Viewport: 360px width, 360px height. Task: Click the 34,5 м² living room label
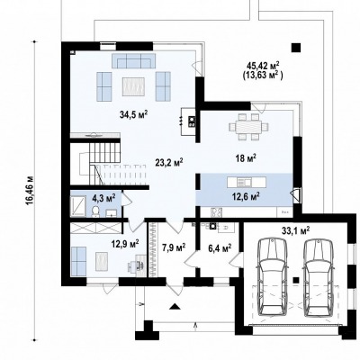tap(134, 115)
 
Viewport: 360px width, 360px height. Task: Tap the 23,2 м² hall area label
tap(169, 163)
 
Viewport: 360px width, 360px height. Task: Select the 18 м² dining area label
tap(246, 158)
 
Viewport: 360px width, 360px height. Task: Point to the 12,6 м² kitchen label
tap(246, 197)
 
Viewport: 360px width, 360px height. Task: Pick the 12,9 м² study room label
tap(125, 243)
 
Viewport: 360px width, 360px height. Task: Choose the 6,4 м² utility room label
tap(220, 248)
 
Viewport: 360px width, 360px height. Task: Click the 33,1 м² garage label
tap(296, 230)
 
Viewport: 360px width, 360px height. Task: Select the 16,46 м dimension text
tap(30, 190)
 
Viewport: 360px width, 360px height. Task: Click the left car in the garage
tap(273, 277)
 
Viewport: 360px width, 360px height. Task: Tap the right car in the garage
tap(319, 277)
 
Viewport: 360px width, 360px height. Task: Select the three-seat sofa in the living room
tap(134, 60)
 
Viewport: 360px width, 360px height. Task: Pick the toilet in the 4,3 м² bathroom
tap(96, 211)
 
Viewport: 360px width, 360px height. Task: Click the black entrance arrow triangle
tap(175, 306)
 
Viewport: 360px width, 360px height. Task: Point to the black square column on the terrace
tap(296, 48)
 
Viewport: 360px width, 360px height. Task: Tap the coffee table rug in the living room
tap(133, 86)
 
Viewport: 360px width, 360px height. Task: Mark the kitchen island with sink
tap(247, 182)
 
